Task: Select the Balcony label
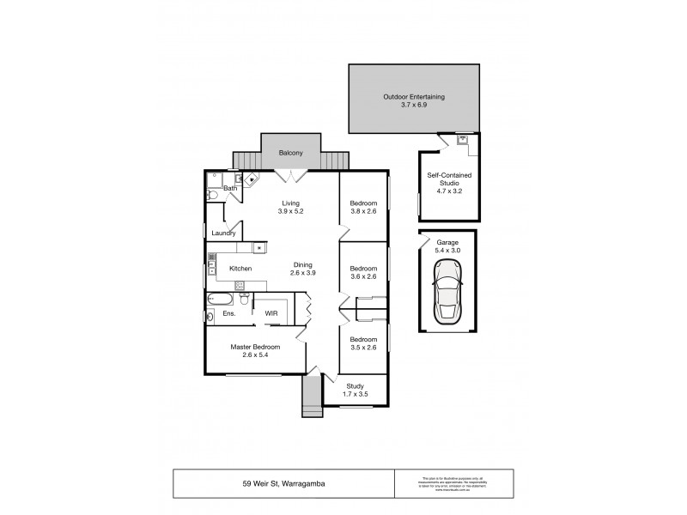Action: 290,154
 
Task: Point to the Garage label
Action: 447,243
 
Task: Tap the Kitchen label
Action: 240,269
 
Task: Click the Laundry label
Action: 223,233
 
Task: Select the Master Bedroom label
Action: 255,348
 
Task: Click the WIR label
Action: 271,313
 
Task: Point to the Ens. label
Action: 229,314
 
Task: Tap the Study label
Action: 355,386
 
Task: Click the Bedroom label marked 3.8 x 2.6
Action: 362,203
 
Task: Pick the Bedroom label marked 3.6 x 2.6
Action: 362,269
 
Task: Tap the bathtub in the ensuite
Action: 219,300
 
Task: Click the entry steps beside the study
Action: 310,397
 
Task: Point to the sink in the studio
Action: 462,139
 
